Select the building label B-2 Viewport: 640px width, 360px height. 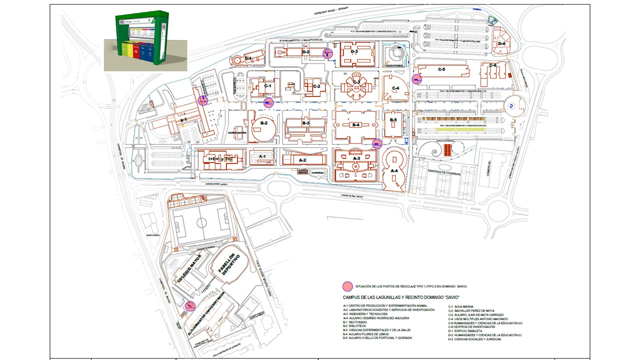click(x=263, y=122)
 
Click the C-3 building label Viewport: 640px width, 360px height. click(x=356, y=82)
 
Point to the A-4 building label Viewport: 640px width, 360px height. click(x=394, y=171)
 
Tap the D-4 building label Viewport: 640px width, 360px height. click(x=501, y=43)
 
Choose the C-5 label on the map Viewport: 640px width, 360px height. click(x=441, y=69)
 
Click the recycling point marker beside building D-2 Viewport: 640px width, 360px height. click(x=328, y=53)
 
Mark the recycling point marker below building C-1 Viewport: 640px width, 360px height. click(x=268, y=103)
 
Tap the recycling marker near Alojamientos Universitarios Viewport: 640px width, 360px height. click(x=190, y=306)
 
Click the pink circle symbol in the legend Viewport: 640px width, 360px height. click(x=347, y=286)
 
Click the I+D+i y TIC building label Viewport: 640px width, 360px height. click(x=220, y=159)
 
